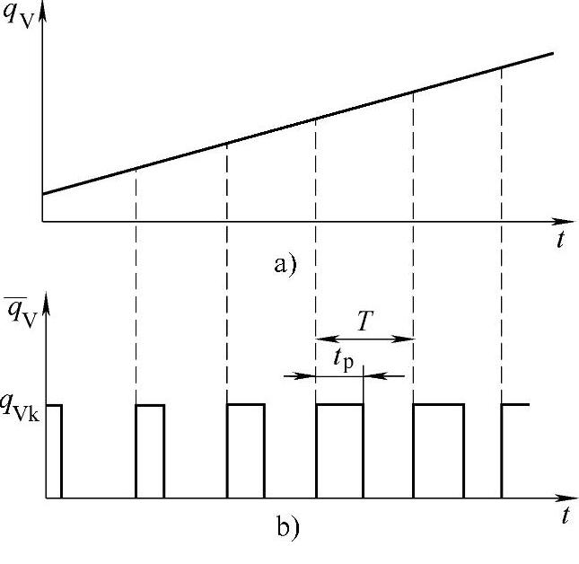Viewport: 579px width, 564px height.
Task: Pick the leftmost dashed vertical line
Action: pos(136,287)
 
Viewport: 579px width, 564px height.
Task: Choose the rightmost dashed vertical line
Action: pos(501,234)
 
